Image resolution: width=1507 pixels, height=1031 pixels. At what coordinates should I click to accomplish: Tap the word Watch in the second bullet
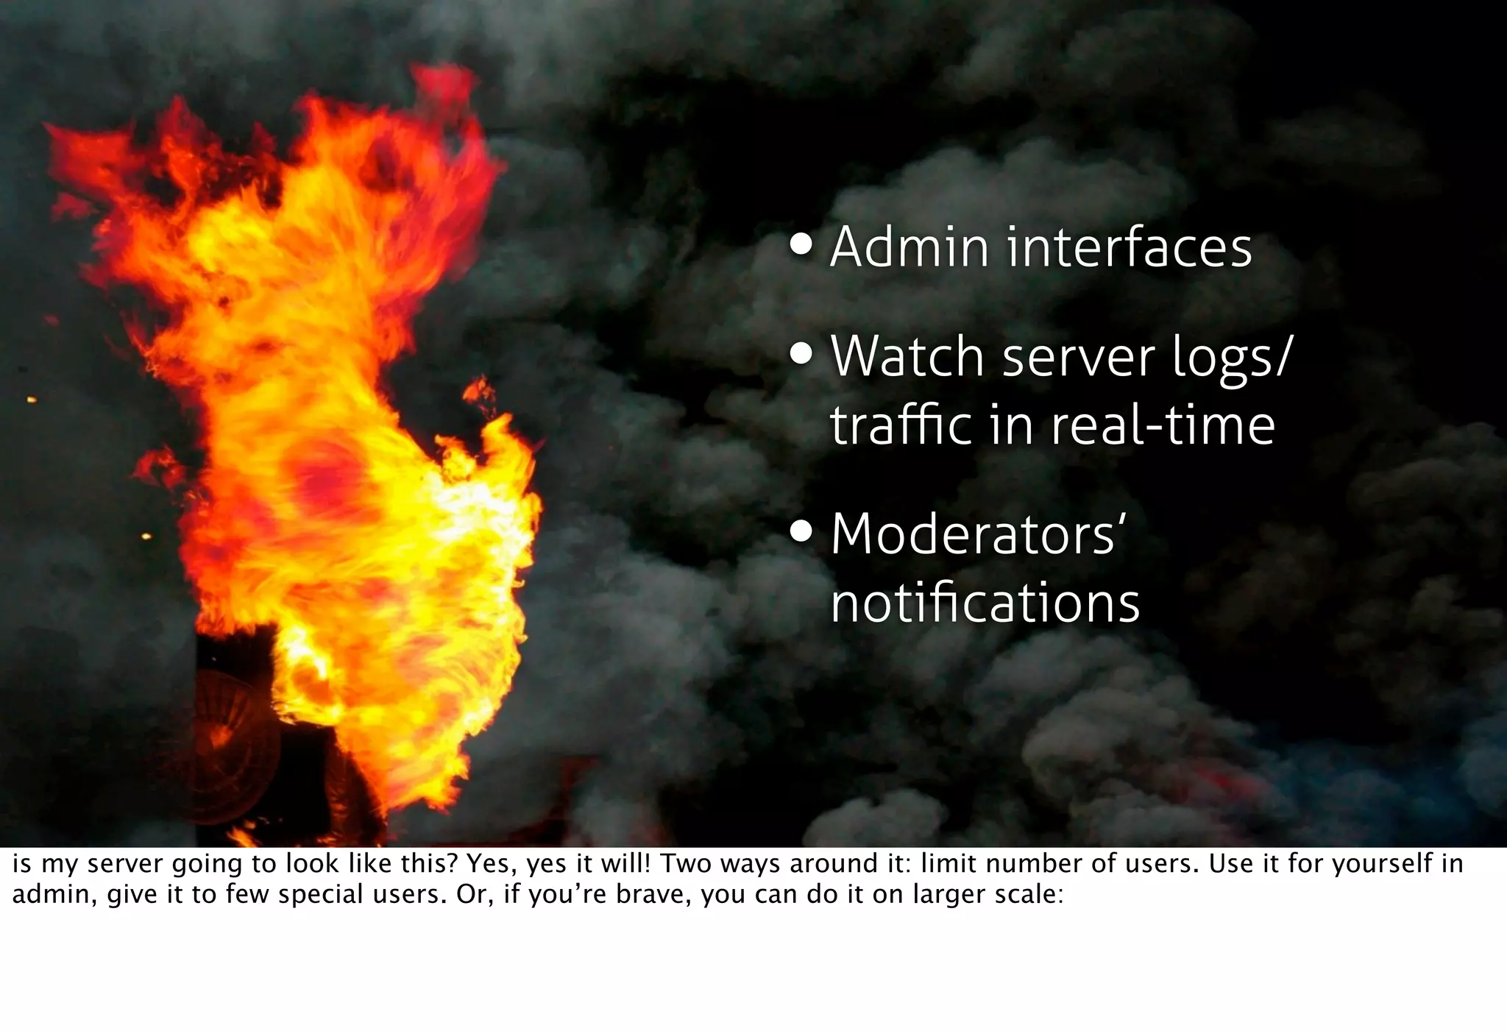907,356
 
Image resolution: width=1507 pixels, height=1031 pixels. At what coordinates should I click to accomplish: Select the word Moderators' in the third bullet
978,534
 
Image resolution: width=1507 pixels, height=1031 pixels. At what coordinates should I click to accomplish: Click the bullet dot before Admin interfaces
801,246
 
